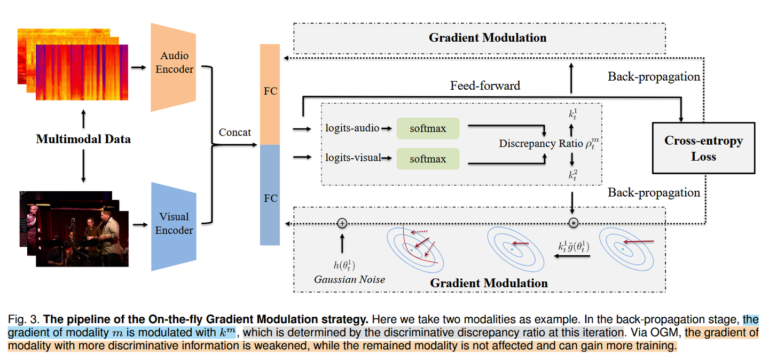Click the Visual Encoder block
174,224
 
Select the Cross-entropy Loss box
703,148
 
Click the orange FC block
270,93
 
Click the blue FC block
270,195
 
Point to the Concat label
234,132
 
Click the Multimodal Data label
83,139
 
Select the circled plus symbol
342,223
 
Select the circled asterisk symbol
573,223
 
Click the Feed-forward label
485,85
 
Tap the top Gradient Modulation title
488,37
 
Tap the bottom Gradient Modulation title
489,283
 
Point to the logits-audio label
352,128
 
